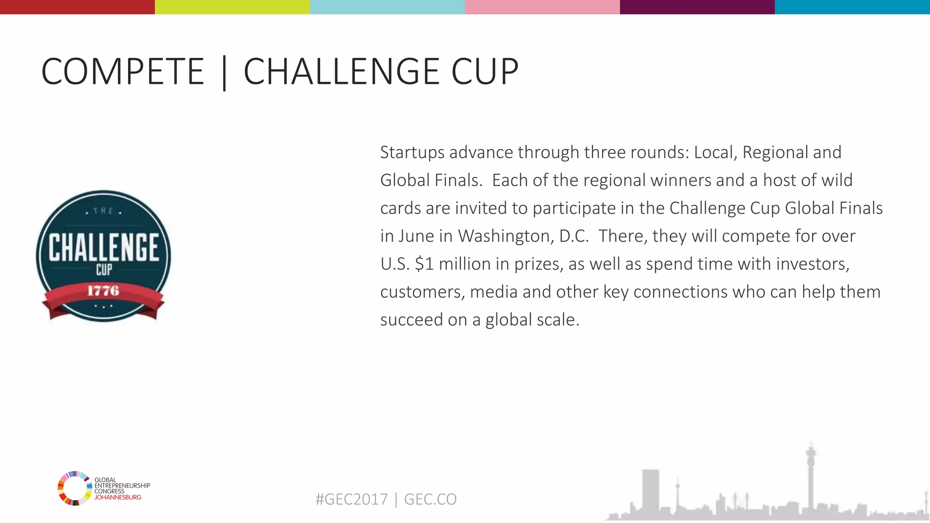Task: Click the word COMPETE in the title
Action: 123,72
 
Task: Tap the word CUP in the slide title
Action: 485,72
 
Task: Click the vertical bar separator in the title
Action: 224,73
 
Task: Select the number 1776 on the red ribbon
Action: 103,291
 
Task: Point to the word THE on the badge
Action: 103,211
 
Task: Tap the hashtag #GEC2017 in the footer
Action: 351,499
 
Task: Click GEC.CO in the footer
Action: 430,499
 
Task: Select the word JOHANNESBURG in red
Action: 118,497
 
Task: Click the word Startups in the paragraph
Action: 412,153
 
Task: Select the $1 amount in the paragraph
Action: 424,264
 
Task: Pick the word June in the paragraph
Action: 416,236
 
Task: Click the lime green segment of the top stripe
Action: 232,7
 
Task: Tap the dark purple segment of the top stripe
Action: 697,7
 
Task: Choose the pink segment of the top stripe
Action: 542,7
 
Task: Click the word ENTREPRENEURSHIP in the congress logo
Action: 122,486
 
